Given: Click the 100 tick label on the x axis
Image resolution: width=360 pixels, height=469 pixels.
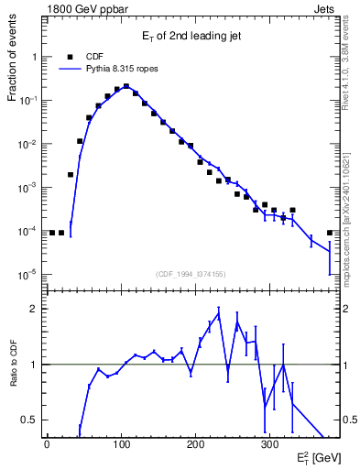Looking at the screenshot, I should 121,445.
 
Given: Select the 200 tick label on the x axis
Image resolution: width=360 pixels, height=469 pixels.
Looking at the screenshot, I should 195,445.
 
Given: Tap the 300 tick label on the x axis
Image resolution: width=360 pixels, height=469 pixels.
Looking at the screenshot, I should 269,445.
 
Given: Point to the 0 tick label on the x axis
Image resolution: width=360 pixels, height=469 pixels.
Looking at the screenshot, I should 47,445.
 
